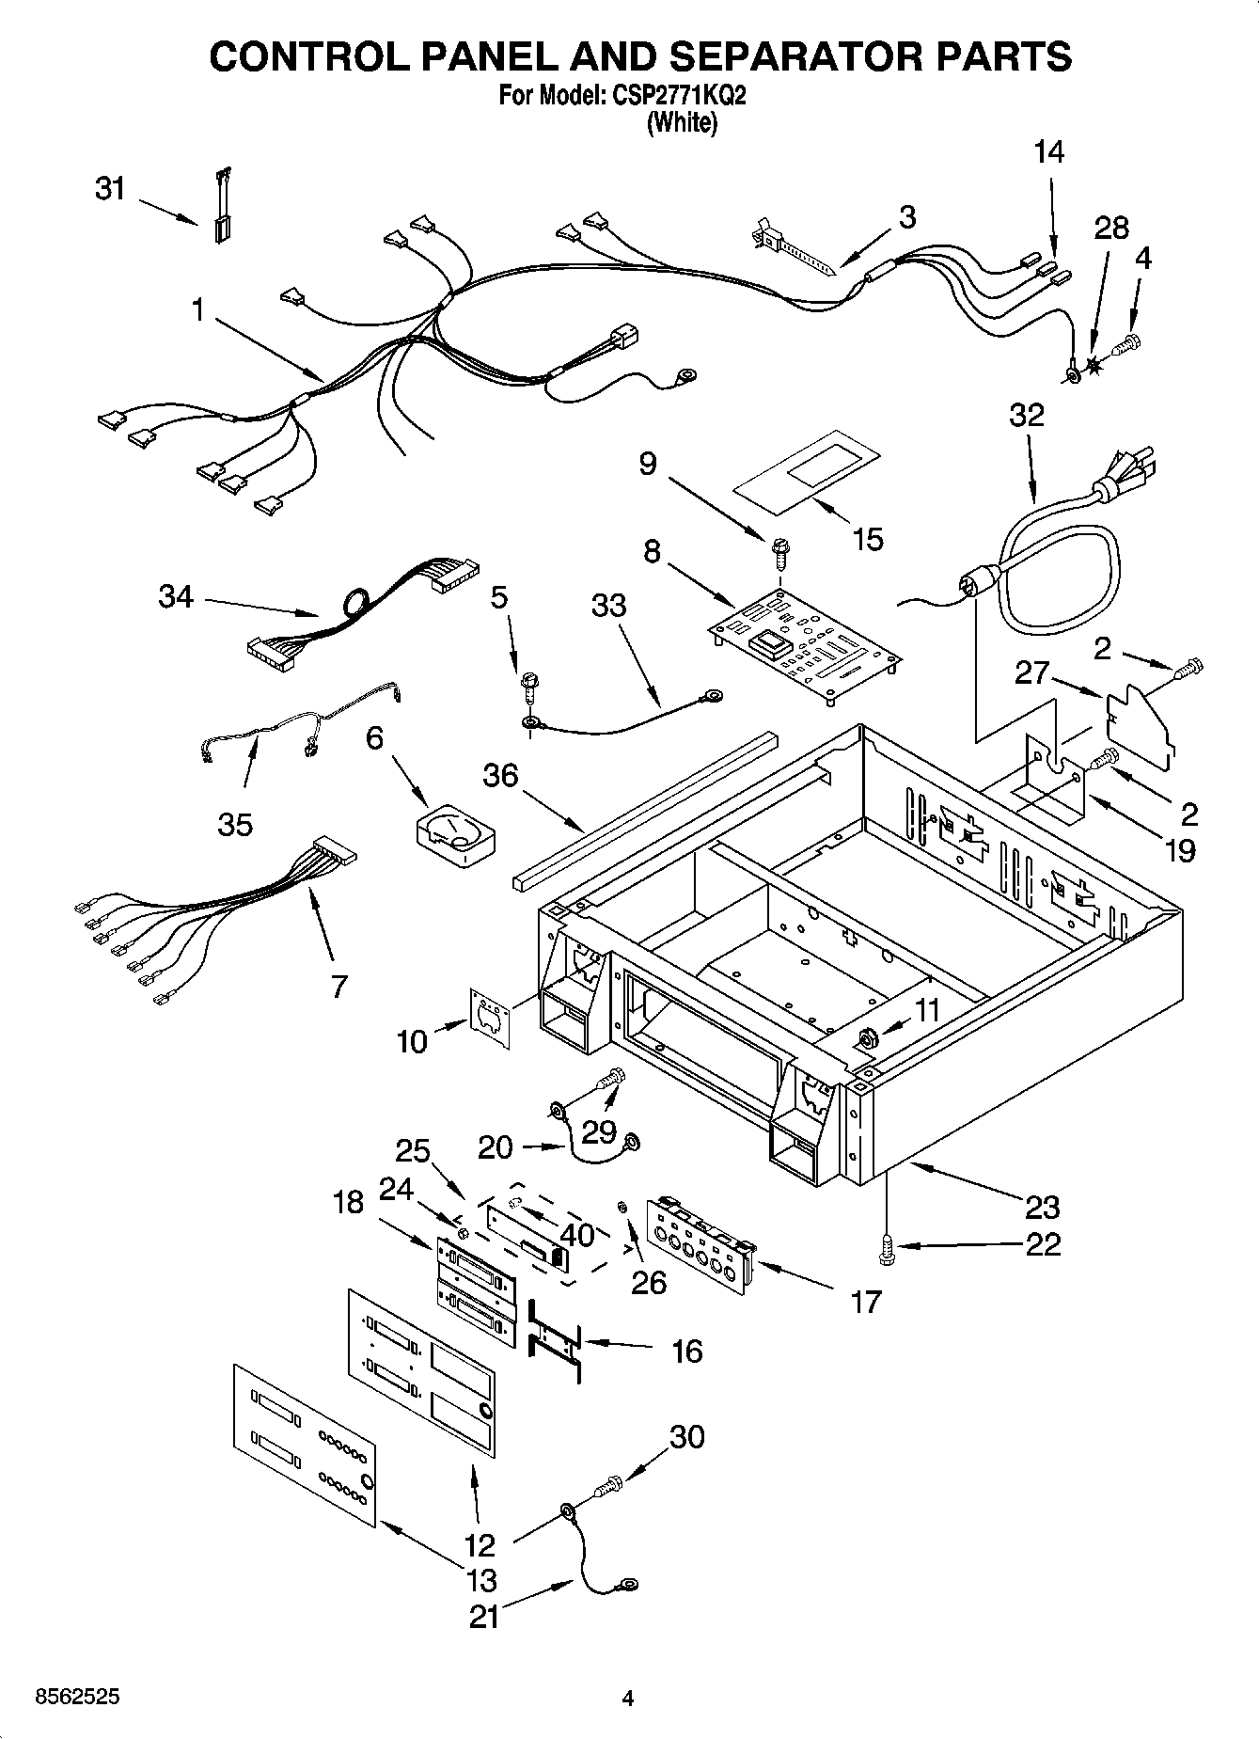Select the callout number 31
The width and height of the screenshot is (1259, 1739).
coord(110,189)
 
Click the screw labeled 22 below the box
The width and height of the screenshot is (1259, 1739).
coord(885,1246)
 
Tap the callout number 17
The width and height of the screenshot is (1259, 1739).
coord(865,1302)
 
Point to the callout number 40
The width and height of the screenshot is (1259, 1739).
coord(576,1233)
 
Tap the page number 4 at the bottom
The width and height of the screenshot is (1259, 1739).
coord(628,1698)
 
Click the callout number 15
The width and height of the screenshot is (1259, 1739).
coord(867,539)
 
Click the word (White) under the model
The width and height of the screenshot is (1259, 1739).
coord(682,123)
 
